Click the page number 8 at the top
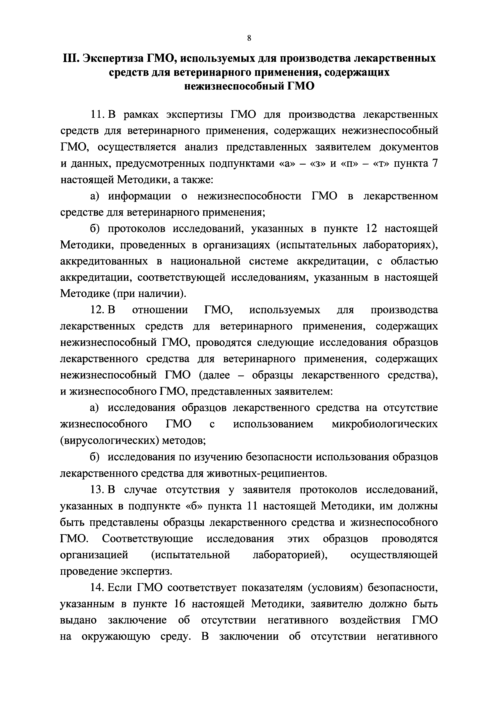[249, 38]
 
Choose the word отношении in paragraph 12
[160, 310]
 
